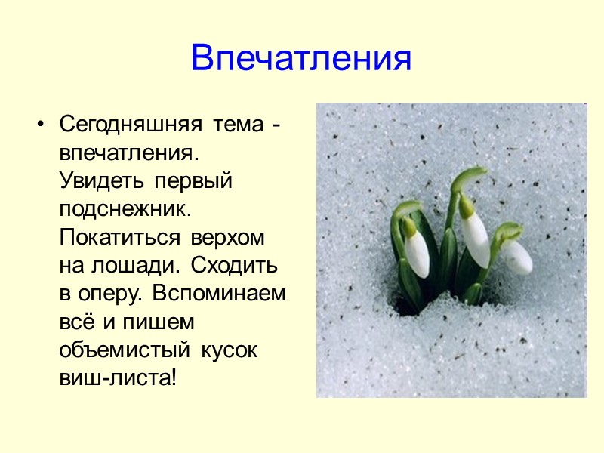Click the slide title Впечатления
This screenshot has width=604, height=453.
[301, 57]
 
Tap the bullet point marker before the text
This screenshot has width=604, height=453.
[42, 123]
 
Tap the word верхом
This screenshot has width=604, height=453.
[225, 237]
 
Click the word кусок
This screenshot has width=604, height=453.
[230, 351]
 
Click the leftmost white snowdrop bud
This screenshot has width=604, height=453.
[416, 253]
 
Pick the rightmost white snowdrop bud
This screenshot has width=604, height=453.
[517, 257]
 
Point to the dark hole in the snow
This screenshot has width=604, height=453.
[412, 306]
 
